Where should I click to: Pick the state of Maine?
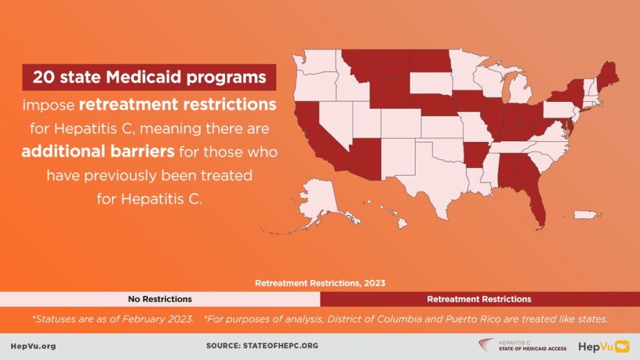tap(607, 76)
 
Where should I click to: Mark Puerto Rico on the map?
tap(587, 214)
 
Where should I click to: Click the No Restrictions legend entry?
tap(160, 299)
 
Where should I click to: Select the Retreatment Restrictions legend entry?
tap(479, 299)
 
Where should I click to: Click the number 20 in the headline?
tap(43, 77)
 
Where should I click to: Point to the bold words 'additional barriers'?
tap(98, 151)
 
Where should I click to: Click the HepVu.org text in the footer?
tap(34, 346)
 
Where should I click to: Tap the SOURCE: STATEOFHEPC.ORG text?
tap(262, 346)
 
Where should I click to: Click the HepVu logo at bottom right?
tap(604, 346)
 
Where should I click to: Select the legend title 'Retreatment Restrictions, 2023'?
tap(320, 283)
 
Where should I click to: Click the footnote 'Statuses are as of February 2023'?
tap(112, 319)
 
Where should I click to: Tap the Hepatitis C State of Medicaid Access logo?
tap(522, 345)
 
